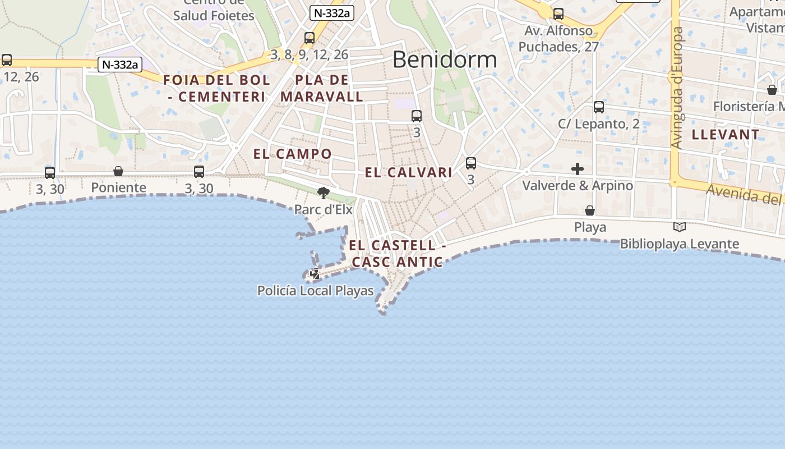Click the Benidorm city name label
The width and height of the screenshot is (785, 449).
click(444, 59)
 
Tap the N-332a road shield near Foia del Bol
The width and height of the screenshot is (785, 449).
click(120, 65)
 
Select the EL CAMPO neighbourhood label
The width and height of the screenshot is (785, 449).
click(292, 154)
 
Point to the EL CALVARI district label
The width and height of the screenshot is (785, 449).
click(408, 173)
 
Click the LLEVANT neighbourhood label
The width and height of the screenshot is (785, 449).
click(726, 135)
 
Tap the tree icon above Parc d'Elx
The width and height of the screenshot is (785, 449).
click(323, 193)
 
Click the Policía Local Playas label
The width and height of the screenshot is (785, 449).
click(315, 291)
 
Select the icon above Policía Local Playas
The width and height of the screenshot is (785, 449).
click(315, 274)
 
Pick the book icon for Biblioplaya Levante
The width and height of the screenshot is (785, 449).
click(679, 227)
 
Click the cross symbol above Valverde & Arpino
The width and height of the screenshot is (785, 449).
click(577, 169)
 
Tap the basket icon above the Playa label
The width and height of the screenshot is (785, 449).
click(590, 210)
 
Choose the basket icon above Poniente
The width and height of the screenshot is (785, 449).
click(118, 171)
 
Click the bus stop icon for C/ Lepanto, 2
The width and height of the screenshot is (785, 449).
click(598, 107)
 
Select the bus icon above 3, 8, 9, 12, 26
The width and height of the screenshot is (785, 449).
click(310, 38)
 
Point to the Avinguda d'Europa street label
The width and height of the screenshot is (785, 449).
click(677, 88)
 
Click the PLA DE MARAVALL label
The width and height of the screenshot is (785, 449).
click(322, 88)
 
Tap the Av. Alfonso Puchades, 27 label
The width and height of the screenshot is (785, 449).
click(558, 39)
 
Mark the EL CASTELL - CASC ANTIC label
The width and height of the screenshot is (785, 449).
click(398, 254)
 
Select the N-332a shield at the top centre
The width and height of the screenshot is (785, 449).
click(333, 13)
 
